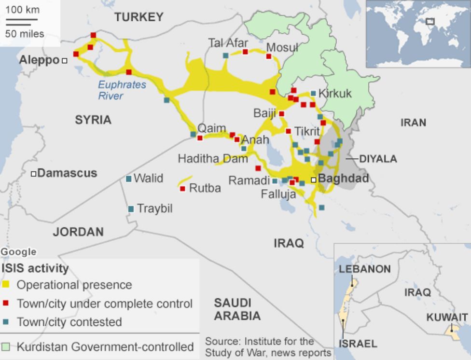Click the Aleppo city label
[x=39, y=60]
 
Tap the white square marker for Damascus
[x=34, y=174]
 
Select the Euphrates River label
[x=122, y=90]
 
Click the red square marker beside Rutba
[x=182, y=189]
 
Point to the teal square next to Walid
[x=129, y=179]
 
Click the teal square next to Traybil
[x=131, y=209]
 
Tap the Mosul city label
[x=282, y=48]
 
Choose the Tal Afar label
[x=228, y=43]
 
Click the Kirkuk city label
[x=335, y=94]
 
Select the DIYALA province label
[x=378, y=159]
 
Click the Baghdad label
[x=344, y=179]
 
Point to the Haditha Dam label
[x=212, y=159]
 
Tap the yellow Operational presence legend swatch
[x=6, y=285]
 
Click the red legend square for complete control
[x=6, y=304]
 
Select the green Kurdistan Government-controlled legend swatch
[x=6, y=346]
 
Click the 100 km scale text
[x=23, y=10]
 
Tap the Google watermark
[x=18, y=251]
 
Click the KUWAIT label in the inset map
[x=447, y=317]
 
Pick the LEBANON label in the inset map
[x=364, y=269]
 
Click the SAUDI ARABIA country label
[x=237, y=309]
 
